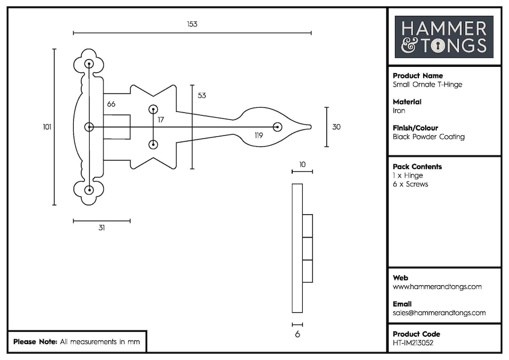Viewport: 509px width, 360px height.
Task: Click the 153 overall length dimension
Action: [192, 24]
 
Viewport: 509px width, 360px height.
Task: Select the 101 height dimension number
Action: [47, 127]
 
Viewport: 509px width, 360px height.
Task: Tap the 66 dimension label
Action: [111, 104]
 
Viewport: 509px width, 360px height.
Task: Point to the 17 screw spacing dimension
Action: [161, 120]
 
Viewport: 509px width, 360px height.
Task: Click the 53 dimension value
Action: [201, 95]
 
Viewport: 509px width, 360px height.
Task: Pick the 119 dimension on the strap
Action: [258, 136]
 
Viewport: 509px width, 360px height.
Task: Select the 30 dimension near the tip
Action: [336, 127]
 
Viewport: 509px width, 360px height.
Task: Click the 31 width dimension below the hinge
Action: [101, 228]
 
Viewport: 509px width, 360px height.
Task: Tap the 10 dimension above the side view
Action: [302, 164]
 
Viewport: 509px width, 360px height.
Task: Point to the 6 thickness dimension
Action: [297, 334]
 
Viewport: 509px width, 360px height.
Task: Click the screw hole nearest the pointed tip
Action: [276, 127]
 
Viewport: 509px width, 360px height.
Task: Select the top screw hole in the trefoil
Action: [89, 64]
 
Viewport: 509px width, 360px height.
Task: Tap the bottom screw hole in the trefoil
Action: [89, 190]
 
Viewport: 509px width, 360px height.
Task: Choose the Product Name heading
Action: [417, 76]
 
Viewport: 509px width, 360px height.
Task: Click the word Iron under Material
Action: [399, 111]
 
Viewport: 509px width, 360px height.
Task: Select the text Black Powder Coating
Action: [428, 137]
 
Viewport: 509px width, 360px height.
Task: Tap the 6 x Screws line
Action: [410, 185]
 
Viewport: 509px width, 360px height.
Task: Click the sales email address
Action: [439, 313]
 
